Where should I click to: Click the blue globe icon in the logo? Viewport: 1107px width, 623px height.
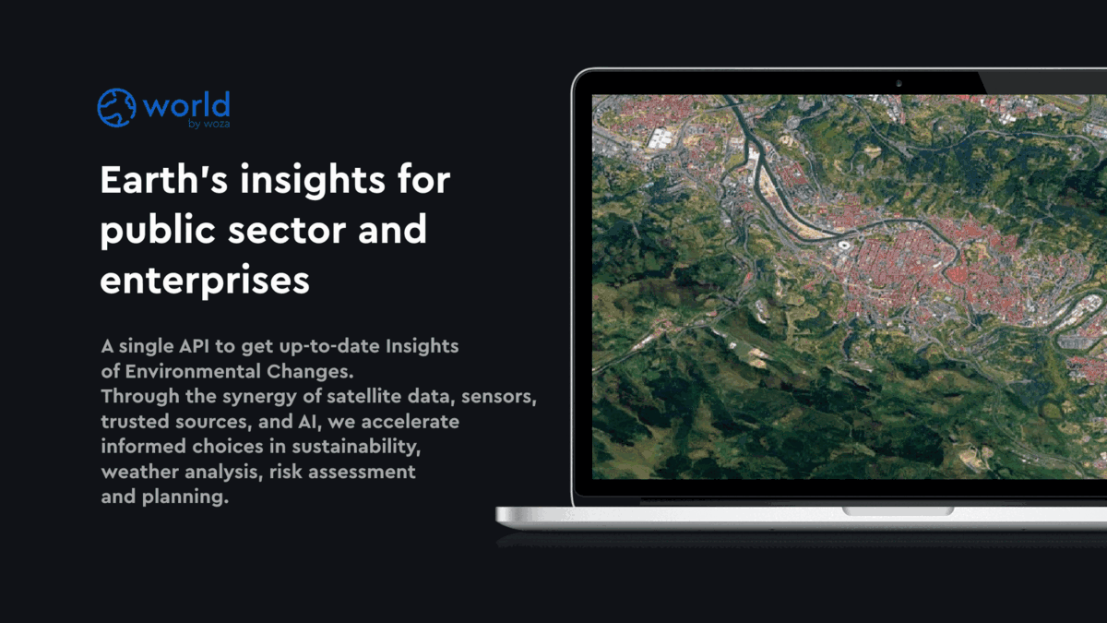[116, 107]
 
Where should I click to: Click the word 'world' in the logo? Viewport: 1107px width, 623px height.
[186, 104]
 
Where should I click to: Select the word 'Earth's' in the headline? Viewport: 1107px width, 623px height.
[162, 180]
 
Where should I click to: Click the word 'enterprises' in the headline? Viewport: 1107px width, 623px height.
[204, 280]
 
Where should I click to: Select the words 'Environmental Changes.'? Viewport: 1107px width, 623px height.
[238, 371]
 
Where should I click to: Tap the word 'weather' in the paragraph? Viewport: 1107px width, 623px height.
[134, 472]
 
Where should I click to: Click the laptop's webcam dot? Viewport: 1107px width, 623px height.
[898, 83]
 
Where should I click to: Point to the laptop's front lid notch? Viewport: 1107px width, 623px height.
[898, 510]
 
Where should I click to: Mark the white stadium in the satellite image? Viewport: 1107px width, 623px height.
[845, 246]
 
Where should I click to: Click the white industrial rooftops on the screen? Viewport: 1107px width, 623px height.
[662, 139]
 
